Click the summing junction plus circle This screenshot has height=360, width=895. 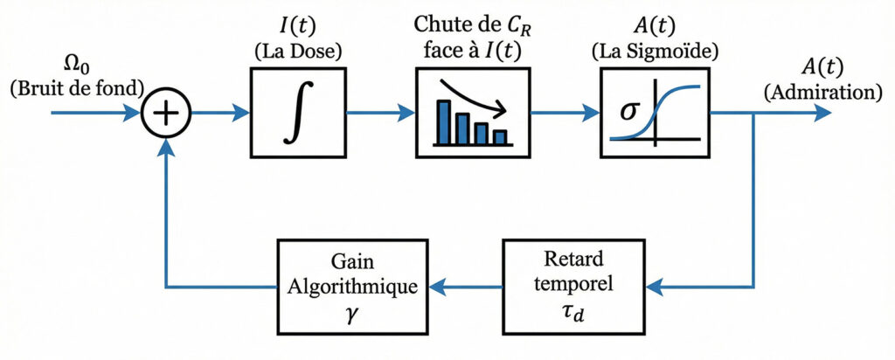pos(166,113)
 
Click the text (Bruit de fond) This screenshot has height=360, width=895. pos(77,87)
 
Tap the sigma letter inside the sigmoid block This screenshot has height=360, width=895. pos(628,113)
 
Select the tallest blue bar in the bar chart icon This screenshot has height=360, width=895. pos(443,122)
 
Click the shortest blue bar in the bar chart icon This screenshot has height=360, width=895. pos(500,137)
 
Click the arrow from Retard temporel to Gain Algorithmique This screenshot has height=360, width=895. pos(468,285)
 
